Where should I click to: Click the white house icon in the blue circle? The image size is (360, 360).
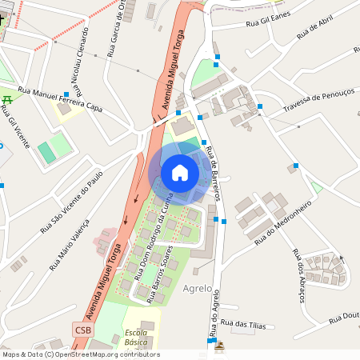point(180,172)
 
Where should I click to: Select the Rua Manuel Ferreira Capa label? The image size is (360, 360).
point(61,98)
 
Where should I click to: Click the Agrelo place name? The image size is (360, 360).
point(198,287)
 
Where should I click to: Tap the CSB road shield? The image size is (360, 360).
point(83,330)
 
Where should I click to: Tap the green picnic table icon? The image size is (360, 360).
point(8,99)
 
